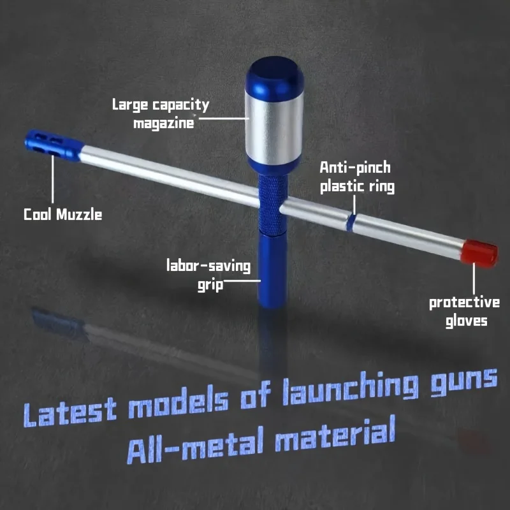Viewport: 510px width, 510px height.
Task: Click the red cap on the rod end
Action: pyautogui.click(x=479, y=253)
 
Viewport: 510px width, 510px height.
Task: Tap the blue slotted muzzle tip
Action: pyautogui.click(x=53, y=145)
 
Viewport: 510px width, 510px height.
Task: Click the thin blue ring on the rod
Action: pyautogui.click(x=350, y=222)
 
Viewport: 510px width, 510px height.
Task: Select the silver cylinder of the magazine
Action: pyautogui.click(x=274, y=127)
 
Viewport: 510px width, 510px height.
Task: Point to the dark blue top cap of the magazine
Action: pyautogui.click(x=275, y=75)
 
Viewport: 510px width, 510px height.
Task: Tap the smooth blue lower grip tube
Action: pyautogui.click(x=273, y=270)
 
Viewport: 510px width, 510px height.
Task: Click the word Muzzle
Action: pyautogui.click(x=79, y=215)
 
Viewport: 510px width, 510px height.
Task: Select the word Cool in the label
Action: pyautogui.click(x=38, y=215)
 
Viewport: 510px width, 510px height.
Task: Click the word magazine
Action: pyautogui.click(x=164, y=124)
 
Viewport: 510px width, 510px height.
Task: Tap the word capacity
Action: pyautogui.click(x=180, y=105)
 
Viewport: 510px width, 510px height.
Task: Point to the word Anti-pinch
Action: pyautogui.click(x=355, y=168)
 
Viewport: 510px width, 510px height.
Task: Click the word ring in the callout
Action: pyautogui.click(x=381, y=187)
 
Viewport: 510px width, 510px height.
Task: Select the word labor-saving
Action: pyautogui.click(x=208, y=266)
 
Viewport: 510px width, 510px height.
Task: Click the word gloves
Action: pyautogui.click(x=466, y=321)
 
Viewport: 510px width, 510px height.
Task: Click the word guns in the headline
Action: pyautogui.click(x=464, y=382)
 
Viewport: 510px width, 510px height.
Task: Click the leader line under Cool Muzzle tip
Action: pyautogui.click(x=52, y=179)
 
